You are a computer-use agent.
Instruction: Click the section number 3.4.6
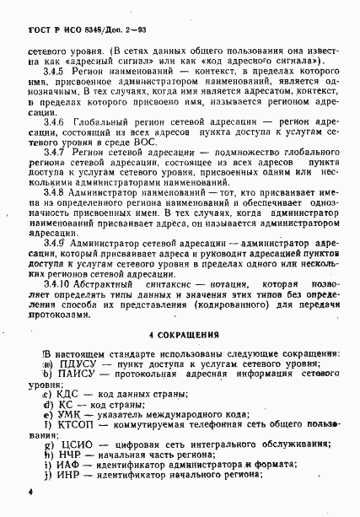[55, 123]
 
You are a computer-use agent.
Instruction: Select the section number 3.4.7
[55, 151]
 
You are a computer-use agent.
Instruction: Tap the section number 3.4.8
[55, 193]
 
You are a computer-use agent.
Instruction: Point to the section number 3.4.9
[55, 243]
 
